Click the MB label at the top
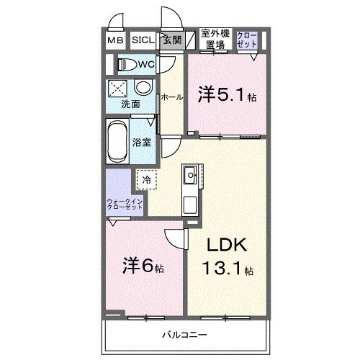[116, 40]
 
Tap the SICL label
[142, 40]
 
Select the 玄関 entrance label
[171, 40]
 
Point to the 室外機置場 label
[215, 39]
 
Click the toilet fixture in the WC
[127, 65]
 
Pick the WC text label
[146, 65]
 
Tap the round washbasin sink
[143, 89]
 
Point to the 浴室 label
[142, 142]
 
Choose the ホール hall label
[171, 96]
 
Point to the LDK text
[228, 246]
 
